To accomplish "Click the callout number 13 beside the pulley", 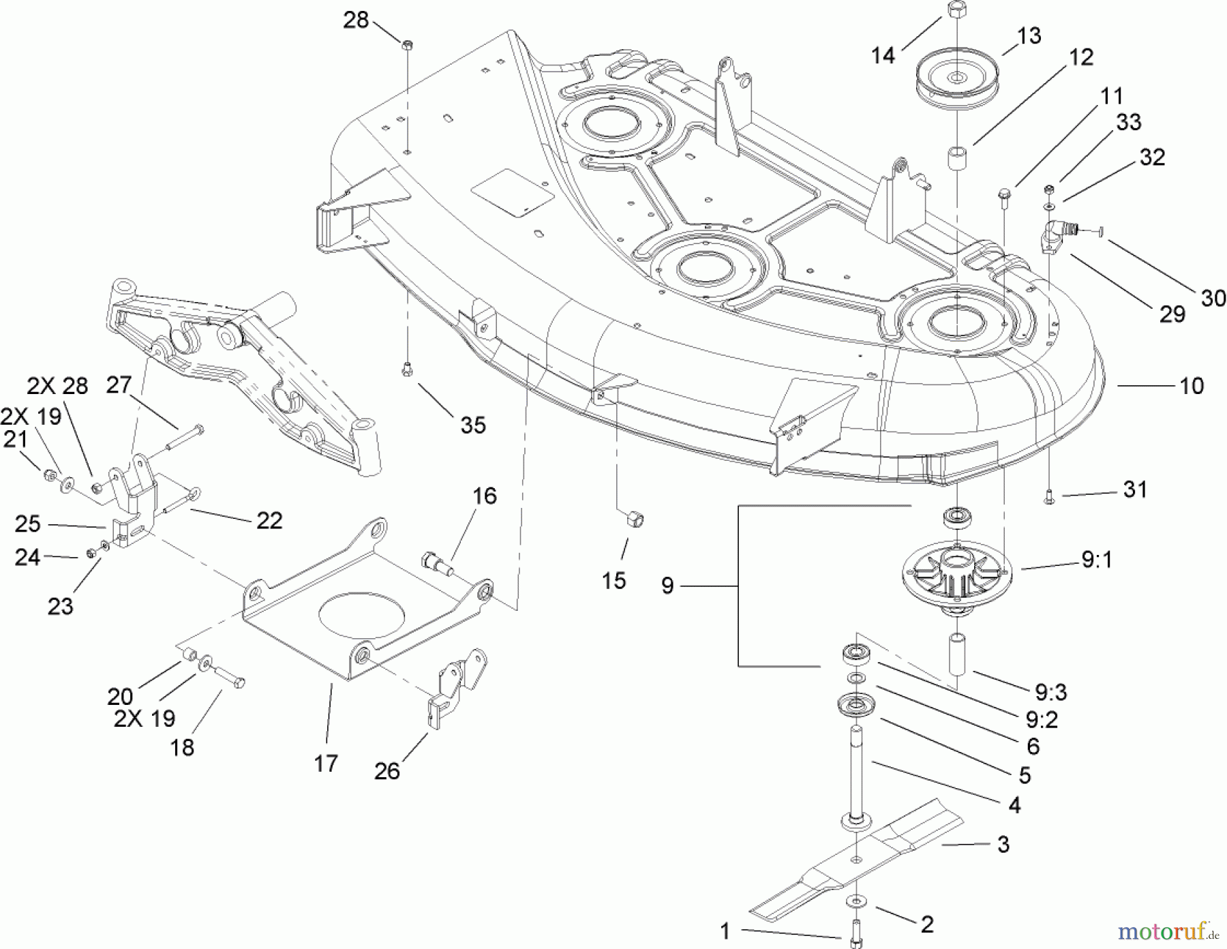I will (x=1028, y=35).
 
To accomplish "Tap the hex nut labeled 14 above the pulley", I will (x=954, y=10).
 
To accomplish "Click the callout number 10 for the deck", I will (x=1191, y=386).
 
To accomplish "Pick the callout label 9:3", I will (x=1050, y=693).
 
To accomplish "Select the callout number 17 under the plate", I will (x=326, y=763).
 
